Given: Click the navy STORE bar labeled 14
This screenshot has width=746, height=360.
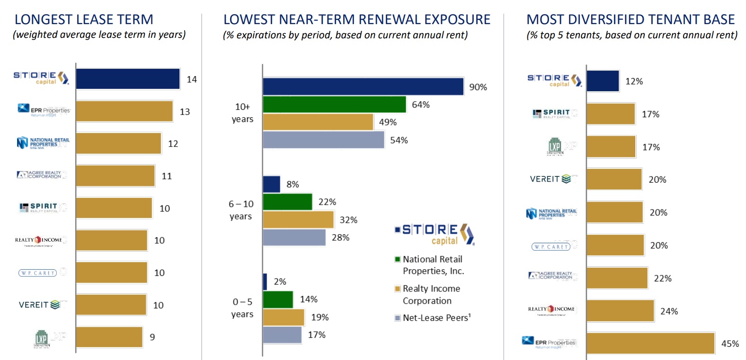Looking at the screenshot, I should [128, 79].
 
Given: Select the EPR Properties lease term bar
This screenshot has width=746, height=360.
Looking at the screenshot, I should [124, 111].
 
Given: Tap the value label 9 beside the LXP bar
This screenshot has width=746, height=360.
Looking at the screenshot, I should [152, 337].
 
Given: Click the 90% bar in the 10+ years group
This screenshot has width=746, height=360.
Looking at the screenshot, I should [363, 87].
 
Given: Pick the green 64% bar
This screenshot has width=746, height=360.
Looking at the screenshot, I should [334, 105].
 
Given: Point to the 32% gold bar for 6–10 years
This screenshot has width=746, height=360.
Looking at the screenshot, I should [298, 220].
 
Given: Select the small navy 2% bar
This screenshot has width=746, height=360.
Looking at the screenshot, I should [265, 281].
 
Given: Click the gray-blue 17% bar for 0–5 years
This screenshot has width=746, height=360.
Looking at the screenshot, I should [282, 335].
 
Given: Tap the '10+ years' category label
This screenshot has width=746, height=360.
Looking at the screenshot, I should [242, 113].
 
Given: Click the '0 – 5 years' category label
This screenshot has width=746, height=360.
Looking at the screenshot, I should [242, 308].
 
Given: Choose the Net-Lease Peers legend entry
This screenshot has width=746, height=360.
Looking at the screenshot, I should [435, 318].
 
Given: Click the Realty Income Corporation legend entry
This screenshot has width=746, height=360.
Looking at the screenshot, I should [430, 295].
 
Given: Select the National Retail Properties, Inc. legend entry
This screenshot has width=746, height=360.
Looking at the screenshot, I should [432, 265].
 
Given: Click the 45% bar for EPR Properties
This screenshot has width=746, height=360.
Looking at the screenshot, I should [650, 343].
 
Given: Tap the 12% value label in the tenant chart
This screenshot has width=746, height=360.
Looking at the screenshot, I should [634, 81].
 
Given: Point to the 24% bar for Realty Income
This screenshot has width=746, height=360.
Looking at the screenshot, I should [620, 311].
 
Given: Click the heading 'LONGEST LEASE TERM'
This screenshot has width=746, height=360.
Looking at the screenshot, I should [84, 19].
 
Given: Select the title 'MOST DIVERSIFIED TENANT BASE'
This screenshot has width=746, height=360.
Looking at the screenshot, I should [631, 19].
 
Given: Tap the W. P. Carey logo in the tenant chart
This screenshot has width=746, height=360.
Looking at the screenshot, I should [551, 246].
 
